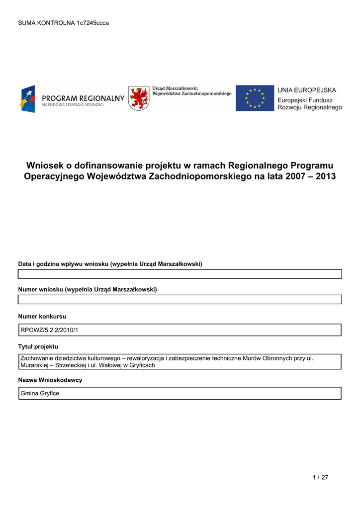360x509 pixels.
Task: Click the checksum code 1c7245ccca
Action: click(93, 23)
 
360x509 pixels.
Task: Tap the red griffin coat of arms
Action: click(138, 98)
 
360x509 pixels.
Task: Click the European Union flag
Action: click(255, 98)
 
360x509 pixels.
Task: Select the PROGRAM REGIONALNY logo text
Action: click(83, 98)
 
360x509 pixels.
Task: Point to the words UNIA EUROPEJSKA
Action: click(307, 90)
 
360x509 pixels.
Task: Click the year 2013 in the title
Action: click(325, 176)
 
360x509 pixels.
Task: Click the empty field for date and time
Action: click(180, 274)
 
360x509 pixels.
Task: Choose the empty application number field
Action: click(180, 299)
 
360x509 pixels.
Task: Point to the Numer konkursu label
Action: click(42, 316)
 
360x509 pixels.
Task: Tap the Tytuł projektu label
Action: click(38, 346)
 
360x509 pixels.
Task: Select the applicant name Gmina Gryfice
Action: click(40, 394)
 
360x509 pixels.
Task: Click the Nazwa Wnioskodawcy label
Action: click(50, 380)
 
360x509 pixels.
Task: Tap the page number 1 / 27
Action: click(321, 478)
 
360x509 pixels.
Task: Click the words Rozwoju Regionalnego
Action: click(309, 107)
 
